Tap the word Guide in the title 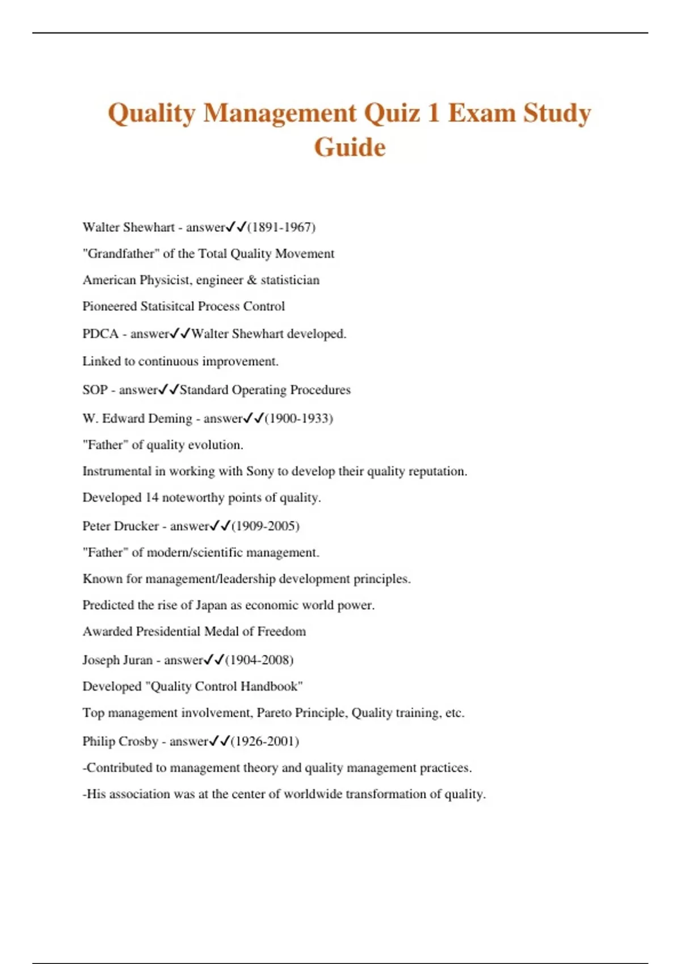pos(350,147)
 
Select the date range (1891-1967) pos(281,227)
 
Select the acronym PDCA pos(100,334)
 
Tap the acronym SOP pos(95,390)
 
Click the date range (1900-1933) pos(299,418)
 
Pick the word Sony pos(260,471)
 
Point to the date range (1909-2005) pos(266,526)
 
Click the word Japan pos(211,605)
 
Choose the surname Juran pos(134,660)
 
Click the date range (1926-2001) pos(265,741)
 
